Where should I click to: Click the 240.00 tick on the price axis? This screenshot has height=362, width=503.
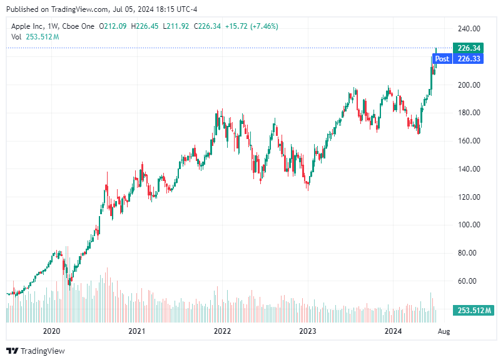pos(468,29)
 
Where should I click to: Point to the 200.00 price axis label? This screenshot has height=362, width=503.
pos(468,85)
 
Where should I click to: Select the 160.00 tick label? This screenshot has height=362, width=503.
pos(468,141)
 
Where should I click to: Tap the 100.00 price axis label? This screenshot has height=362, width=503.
pos(468,225)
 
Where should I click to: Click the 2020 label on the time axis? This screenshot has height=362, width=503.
pos(51,330)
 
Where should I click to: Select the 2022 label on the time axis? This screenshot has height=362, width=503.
pos(221,330)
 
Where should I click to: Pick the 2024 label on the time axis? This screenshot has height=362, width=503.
pos(392,330)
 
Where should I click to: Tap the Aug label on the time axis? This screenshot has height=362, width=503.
pos(444,330)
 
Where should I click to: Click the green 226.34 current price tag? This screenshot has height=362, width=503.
pos(469,48)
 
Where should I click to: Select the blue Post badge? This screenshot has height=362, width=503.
pos(442,59)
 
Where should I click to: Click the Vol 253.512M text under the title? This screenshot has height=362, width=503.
pos(35,37)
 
